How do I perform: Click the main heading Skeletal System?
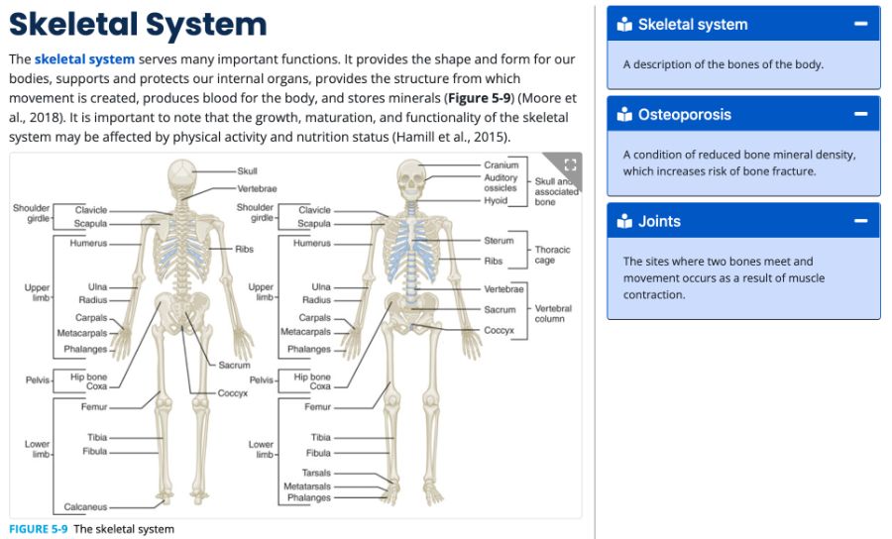point(138,25)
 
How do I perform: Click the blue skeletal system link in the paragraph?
point(84,59)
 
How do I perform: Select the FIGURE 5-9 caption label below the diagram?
point(39,529)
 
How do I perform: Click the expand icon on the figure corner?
point(569,164)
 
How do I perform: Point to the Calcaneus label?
point(85,507)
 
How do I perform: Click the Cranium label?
point(501,165)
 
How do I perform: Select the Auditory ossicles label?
point(501,182)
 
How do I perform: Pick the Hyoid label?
point(496,200)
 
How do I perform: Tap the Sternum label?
point(499,241)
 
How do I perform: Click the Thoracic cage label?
point(552,256)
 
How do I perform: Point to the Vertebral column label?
point(553,314)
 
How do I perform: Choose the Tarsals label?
point(316,474)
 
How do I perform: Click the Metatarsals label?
point(307,486)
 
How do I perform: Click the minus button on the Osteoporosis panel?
point(861,114)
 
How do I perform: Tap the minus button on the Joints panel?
point(861,221)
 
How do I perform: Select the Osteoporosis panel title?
point(684,114)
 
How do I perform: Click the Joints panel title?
point(659,221)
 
